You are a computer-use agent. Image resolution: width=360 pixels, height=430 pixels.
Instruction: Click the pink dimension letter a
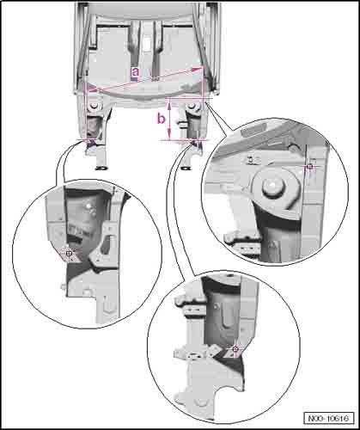[135, 72]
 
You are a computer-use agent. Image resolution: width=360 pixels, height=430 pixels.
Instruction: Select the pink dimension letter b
[162, 119]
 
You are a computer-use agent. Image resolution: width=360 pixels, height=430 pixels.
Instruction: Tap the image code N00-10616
[329, 418]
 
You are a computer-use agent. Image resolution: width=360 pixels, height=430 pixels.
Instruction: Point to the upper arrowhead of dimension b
[169, 106]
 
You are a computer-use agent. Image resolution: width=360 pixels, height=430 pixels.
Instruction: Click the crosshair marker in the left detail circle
[69, 254]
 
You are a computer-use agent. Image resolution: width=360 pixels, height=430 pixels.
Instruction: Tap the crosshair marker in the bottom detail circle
[235, 349]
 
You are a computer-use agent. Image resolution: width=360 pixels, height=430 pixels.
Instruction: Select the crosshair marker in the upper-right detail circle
[309, 166]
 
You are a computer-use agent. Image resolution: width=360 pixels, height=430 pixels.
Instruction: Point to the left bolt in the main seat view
[94, 107]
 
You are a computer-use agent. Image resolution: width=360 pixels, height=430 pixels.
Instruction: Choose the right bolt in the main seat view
[191, 107]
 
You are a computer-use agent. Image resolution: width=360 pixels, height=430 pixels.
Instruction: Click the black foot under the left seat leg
[101, 168]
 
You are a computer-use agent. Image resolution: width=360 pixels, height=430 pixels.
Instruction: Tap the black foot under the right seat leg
[186, 168]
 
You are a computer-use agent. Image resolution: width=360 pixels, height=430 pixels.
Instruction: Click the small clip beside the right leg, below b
[181, 124]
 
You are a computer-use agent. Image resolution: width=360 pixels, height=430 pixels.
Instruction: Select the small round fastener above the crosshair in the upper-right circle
[293, 148]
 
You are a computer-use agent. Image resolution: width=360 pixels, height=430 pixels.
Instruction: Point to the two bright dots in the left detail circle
[92, 209]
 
